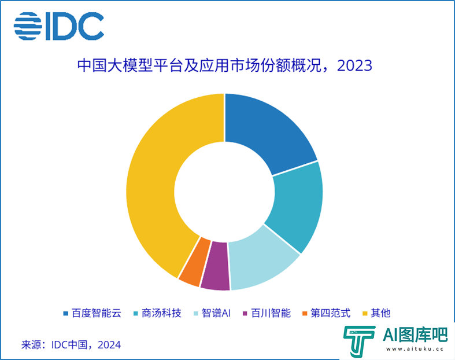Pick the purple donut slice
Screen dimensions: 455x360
pyautogui.click(x=215, y=266)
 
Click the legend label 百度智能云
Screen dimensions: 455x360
pyautogui.click(x=97, y=313)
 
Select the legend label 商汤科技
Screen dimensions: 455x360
pyautogui.click(x=161, y=313)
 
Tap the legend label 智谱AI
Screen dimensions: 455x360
pyautogui.click(x=216, y=313)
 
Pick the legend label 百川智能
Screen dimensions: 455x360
pyautogui.click(x=271, y=313)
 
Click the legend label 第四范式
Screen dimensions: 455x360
pyautogui.click(x=331, y=313)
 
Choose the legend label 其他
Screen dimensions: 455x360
pyautogui.click(x=381, y=313)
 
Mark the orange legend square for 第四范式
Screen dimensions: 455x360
pyautogui.click(x=305, y=314)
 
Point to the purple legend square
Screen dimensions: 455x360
pyautogui.click(x=245, y=314)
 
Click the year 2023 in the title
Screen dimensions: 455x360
pyautogui.click(x=354, y=65)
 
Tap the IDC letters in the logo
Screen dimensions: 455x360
pyautogui.click(x=75, y=26)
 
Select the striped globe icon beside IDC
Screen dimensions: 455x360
pyautogui.click(x=28, y=26)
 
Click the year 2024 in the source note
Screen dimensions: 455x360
pyautogui.click(x=109, y=345)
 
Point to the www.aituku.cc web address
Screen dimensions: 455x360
pyautogui.click(x=415, y=349)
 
